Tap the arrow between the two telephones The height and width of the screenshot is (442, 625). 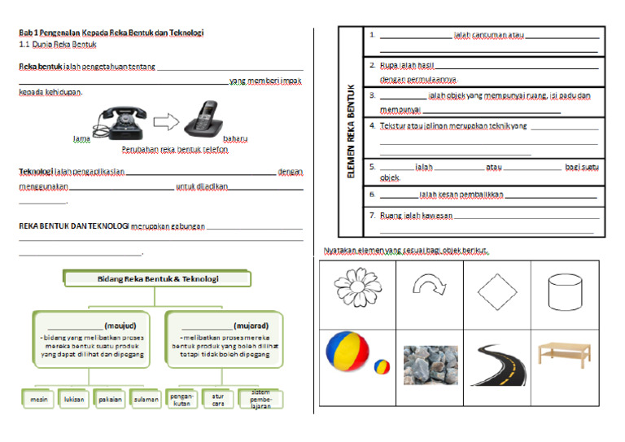tap(165, 123)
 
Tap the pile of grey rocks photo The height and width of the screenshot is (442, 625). tap(429, 363)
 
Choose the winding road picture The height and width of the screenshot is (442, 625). tap(496, 363)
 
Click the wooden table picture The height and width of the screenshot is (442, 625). tap(564, 356)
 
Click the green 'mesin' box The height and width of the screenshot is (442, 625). tap(39, 400)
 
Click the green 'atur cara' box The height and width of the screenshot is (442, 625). tap(217, 399)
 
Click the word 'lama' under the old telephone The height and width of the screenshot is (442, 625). tap(81, 139)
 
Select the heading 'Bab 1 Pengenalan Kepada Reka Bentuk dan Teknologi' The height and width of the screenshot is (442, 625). tap(111, 33)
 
